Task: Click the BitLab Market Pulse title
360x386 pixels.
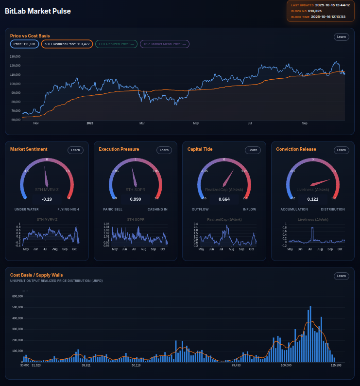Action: point(38,11)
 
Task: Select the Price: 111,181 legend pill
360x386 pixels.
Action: point(24,44)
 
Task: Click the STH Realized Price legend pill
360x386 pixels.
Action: point(67,44)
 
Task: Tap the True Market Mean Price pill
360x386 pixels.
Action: point(165,44)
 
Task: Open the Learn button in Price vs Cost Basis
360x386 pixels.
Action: point(342,36)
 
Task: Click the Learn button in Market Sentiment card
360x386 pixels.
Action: point(75,150)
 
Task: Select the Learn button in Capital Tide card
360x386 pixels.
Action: point(253,150)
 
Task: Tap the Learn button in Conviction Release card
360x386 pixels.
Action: point(342,150)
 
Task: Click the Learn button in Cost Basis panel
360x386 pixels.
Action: point(342,276)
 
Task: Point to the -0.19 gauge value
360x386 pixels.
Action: point(47,199)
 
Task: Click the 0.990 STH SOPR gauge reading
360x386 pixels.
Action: point(136,199)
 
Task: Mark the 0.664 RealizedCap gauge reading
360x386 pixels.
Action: point(224,199)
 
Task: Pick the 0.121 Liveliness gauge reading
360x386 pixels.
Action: point(313,199)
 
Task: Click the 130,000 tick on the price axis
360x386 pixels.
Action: point(15,56)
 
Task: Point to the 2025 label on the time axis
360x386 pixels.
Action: point(90,123)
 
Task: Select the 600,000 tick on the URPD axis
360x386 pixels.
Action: point(17,296)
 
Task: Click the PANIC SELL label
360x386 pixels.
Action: point(113,210)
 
